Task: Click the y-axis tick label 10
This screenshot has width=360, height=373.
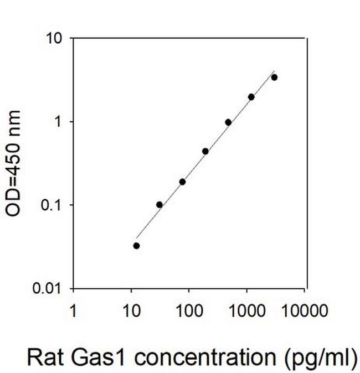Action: (x=55, y=39)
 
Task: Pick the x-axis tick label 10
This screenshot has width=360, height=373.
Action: (x=131, y=310)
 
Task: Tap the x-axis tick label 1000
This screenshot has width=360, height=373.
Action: (x=246, y=310)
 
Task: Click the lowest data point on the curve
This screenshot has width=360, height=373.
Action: (x=136, y=246)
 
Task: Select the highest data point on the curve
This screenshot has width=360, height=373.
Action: (x=274, y=77)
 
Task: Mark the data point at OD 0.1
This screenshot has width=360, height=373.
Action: (x=160, y=205)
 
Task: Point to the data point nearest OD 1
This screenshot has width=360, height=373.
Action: (x=228, y=122)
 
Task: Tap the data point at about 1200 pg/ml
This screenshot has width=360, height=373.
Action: (x=251, y=97)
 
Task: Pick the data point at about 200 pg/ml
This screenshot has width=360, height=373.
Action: (x=205, y=151)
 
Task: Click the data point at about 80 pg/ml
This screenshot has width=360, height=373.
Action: (x=182, y=182)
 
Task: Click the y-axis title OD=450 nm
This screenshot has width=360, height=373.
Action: (x=16, y=163)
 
